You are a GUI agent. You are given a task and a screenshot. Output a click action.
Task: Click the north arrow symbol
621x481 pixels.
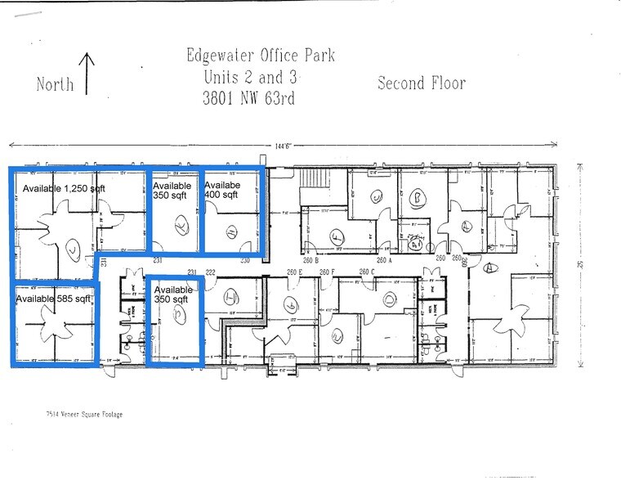(x=88, y=71)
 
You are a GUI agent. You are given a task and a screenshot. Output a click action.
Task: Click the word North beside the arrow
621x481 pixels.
(x=55, y=83)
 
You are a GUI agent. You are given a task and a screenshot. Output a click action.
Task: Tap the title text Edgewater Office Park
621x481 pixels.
(x=260, y=56)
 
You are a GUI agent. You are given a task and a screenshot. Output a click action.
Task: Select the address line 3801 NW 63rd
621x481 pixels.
(x=250, y=98)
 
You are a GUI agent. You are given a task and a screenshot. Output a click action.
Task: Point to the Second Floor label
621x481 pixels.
(x=421, y=83)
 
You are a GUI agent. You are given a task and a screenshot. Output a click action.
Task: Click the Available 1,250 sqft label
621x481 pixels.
(x=64, y=189)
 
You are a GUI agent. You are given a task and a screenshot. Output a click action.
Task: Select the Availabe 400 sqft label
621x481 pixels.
(x=222, y=190)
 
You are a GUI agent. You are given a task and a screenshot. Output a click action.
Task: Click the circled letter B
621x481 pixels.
(x=416, y=198)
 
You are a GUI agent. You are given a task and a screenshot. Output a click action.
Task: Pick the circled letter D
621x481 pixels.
(x=389, y=299)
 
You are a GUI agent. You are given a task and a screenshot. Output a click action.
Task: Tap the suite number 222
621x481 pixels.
(x=210, y=272)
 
